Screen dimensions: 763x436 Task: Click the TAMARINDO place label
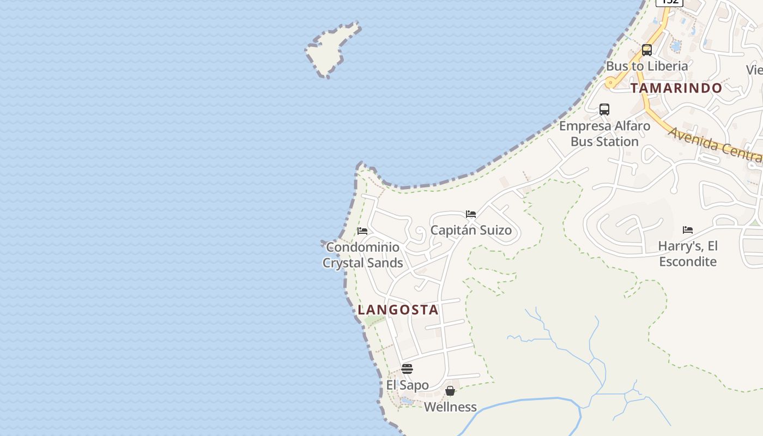pos(676,88)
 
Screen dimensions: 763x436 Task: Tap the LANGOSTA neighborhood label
pos(398,310)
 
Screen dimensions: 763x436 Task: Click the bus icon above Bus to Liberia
pos(647,50)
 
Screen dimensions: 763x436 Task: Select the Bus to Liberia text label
pos(647,66)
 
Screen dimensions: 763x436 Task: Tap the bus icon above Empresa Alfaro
pos(604,109)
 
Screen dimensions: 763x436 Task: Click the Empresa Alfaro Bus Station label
pos(604,134)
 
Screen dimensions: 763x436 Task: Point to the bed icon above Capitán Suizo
pos(471,214)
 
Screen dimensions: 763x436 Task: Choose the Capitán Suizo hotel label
pos(471,230)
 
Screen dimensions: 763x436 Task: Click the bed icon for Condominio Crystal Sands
pos(362,231)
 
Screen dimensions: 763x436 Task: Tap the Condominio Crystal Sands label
pos(362,255)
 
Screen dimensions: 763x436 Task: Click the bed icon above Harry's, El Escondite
pos(688,230)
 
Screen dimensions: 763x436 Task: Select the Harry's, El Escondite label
pos(688,253)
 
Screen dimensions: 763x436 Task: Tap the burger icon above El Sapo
pos(407,369)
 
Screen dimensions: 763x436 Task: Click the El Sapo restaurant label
pos(407,385)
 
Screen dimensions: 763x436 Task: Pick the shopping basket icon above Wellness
pos(450,391)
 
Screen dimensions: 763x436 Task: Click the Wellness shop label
pos(450,407)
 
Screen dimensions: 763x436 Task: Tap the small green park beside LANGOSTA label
pos(374,321)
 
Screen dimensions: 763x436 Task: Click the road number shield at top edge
pos(669,2)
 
